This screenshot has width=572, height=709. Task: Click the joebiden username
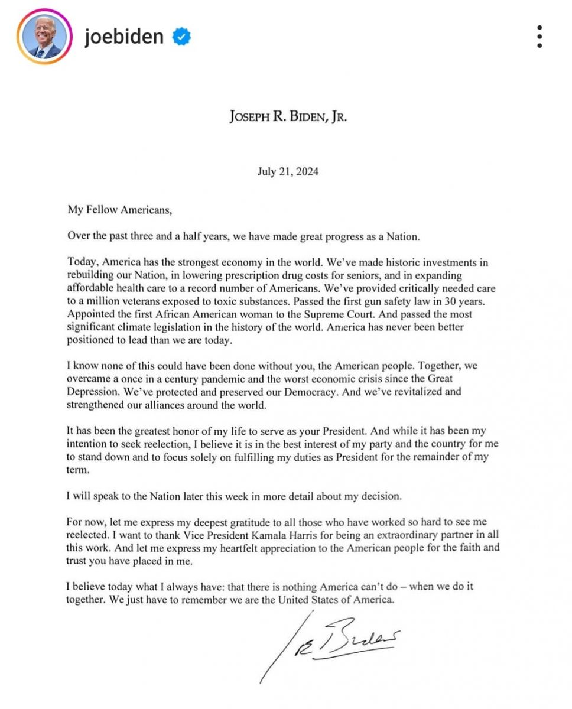123,37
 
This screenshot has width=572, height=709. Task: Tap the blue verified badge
181,37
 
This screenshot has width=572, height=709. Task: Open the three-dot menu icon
539,37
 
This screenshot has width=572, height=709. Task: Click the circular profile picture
44,37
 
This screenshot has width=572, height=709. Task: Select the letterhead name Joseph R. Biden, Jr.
288,116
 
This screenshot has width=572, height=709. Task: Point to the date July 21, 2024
288,172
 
